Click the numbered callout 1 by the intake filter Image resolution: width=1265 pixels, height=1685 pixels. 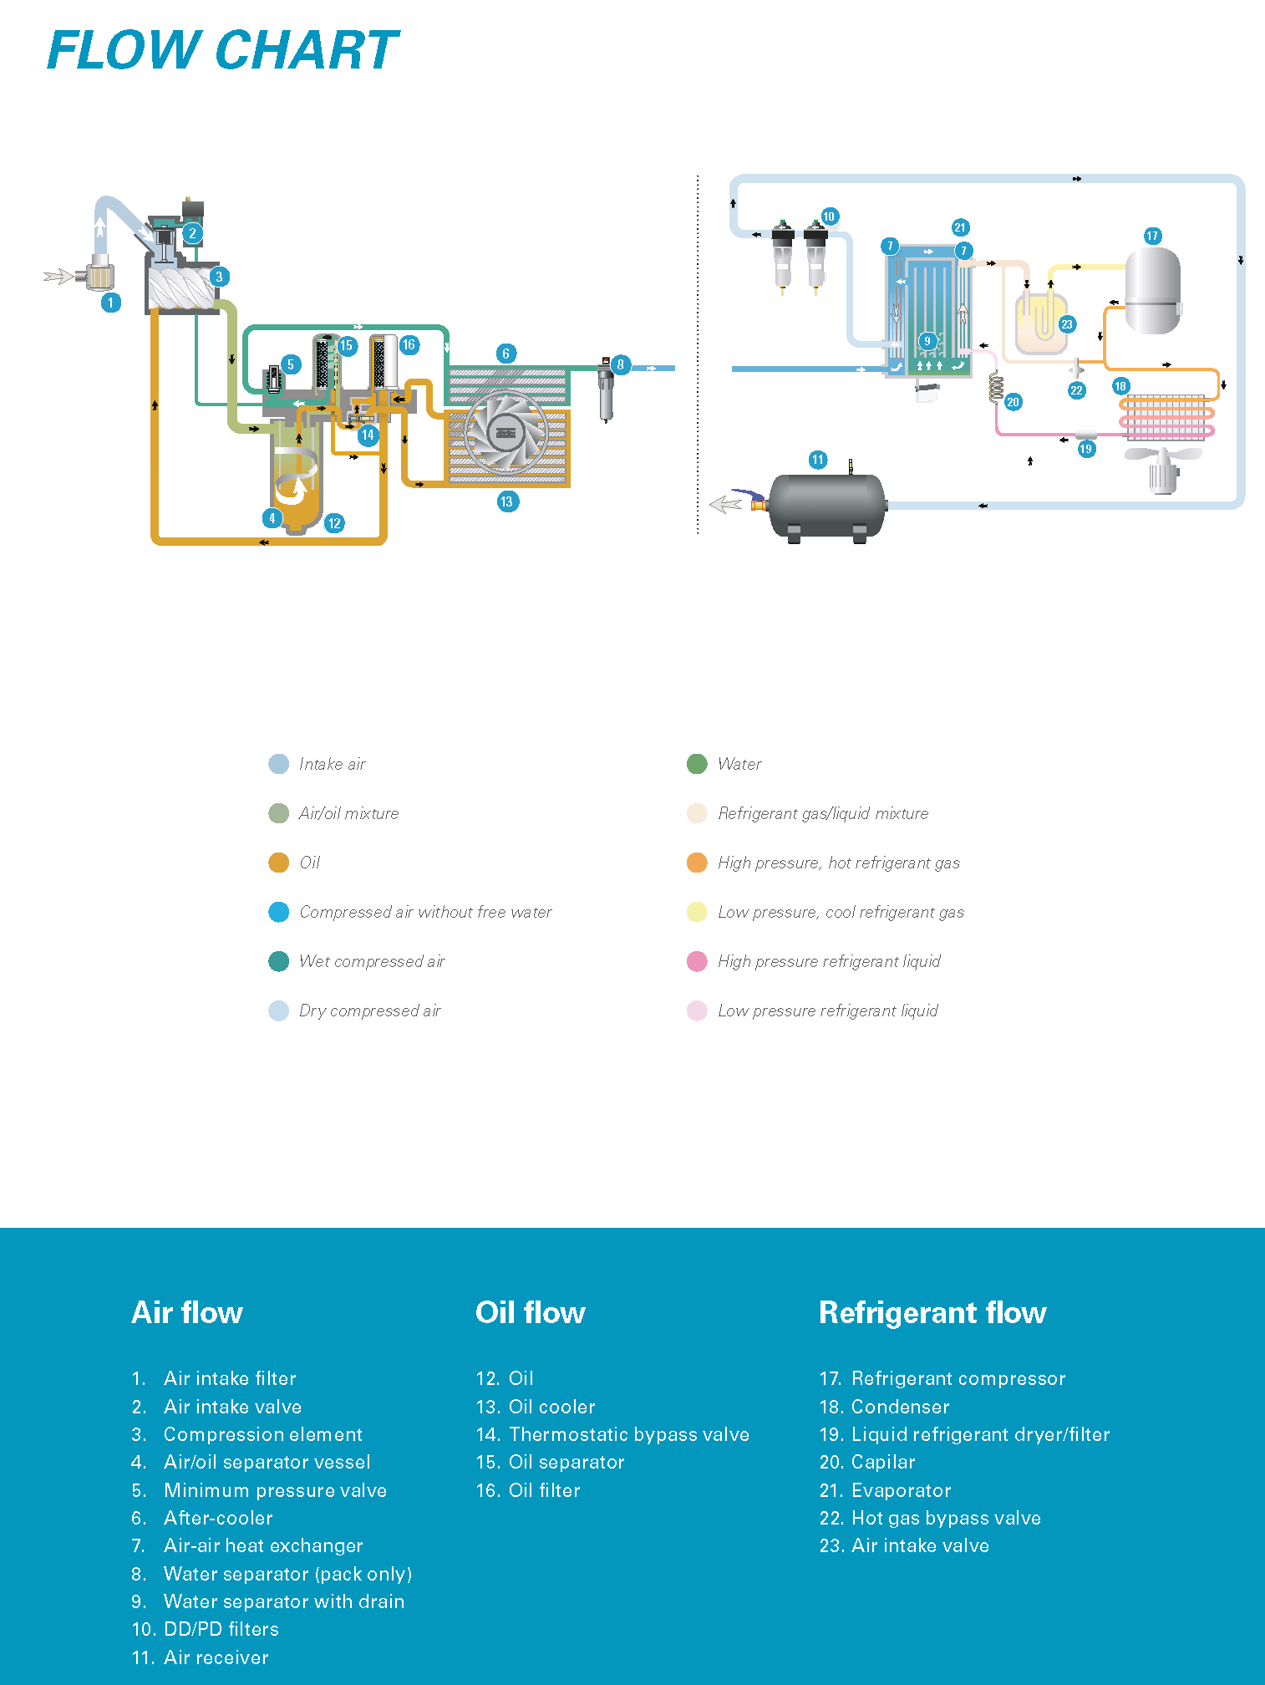tap(111, 303)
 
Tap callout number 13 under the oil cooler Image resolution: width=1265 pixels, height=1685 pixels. tap(507, 501)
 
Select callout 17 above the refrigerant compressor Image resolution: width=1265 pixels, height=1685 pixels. tap(1152, 236)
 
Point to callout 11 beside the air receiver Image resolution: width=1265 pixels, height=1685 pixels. tap(818, 460)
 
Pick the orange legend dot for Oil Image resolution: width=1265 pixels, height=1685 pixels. tap(278, 863)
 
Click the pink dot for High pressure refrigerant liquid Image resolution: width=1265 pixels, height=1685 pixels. tap(697, 961)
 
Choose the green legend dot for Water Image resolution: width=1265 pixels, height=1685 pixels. tap(697, 764)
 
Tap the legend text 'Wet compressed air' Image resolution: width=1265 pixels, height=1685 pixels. tap(372, 961)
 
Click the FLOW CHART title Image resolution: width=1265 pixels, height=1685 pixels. tap(223, 50)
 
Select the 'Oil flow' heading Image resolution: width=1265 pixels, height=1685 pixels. tap(531, 1313)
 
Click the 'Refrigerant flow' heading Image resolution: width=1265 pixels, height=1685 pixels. tap(932, 1313)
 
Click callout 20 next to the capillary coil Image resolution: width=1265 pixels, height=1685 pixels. tap(1013, 402)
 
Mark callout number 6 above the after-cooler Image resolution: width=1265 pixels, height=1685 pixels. tap(505, 354)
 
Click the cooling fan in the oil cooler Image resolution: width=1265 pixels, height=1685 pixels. tap(505, 432)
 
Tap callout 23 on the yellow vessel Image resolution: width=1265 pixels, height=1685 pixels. tap(1067, 324)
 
